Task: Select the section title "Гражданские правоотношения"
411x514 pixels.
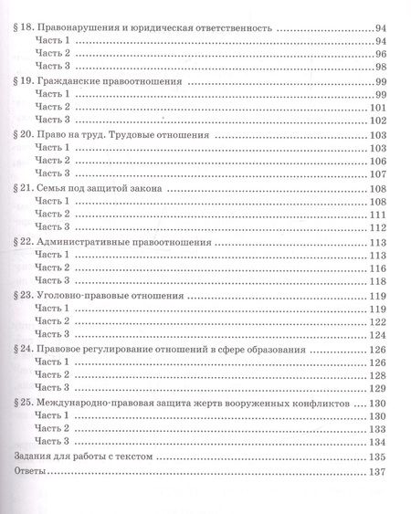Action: tap(104, 81)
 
